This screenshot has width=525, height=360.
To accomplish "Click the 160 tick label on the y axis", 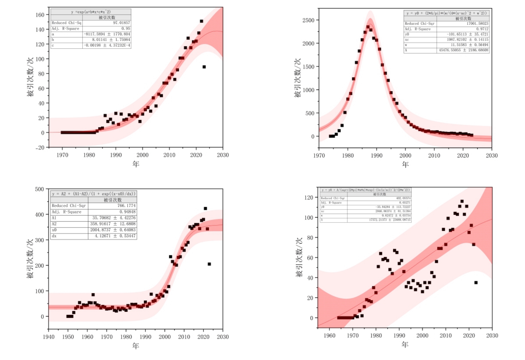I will pyautogui.click(x=40, y=15).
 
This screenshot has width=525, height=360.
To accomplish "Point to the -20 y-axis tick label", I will pyautogui.click(x=40, y=147).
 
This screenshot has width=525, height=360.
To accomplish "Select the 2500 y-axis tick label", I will pyautogui.click(x=308, y=20).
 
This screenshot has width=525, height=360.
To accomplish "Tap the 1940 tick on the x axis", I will pyautogui.click(x=49, y=337).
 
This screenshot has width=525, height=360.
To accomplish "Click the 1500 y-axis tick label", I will pyautogui.click(x=308, y=67).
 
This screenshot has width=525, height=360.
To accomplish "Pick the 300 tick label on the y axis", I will pyautogui.click(x=40, y=240).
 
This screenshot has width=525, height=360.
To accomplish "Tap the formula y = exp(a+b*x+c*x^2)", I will pyautogui.click(x=91, y=12).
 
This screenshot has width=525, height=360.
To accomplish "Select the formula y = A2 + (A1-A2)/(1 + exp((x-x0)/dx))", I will pyautogui.click(x=94, y=194).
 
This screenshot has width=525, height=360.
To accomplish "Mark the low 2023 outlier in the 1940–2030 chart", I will pyautogui.click(x=209, y=264).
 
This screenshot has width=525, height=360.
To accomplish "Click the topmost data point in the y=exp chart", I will pyautogui.click(x=201, y=21).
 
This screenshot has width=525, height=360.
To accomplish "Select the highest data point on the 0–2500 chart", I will pyautogui.click(x=368, y=27).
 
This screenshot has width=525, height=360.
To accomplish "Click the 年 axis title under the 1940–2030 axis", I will pyautogui.click(x=136, y=346).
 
